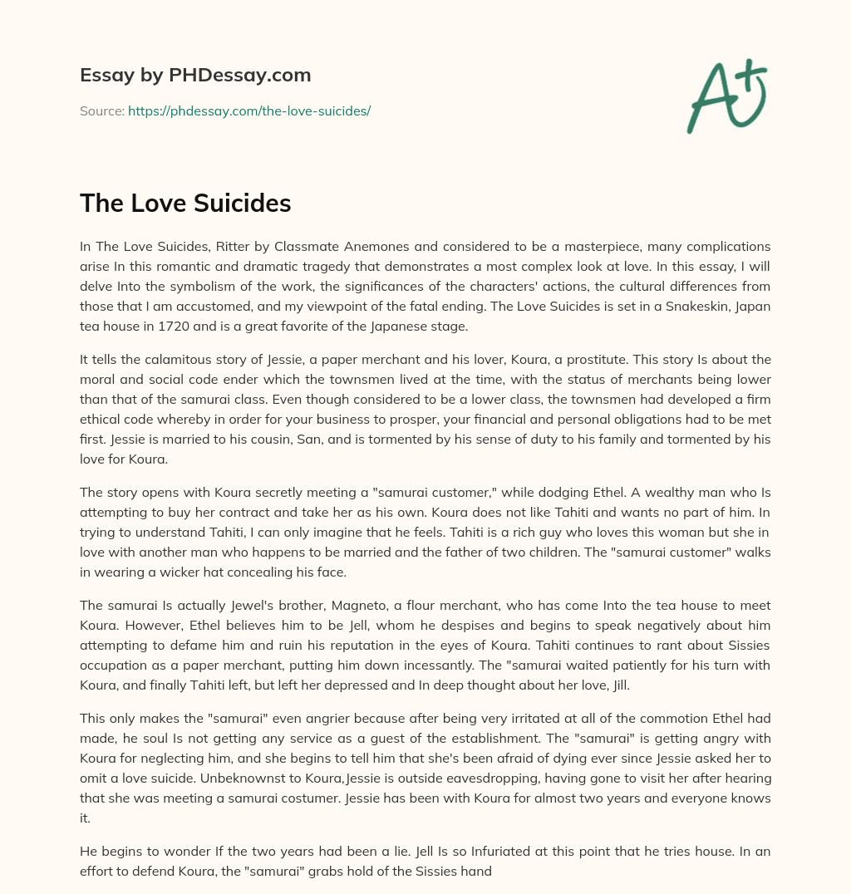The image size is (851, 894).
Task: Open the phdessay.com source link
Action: click(x=248, y=111)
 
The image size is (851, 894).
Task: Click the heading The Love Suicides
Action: click(x=185, y=204)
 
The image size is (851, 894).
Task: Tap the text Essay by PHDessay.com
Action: click(x=195, y=76)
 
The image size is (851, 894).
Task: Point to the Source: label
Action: click(x=102, y=111)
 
